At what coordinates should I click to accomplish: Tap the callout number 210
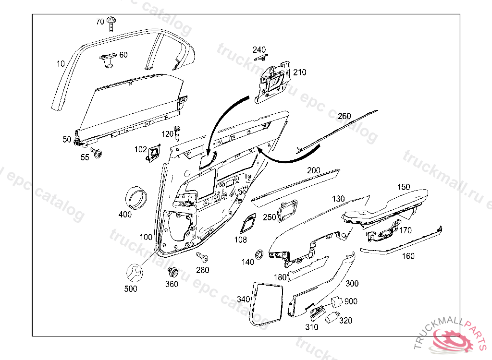pos(300,72)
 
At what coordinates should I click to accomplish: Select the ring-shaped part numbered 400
pos(136,196)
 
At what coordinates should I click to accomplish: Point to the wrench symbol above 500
pos(135,273)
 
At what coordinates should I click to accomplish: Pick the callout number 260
pos(344,116)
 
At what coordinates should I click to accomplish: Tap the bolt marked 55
pos(98,153)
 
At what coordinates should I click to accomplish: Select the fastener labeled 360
pos(172,273)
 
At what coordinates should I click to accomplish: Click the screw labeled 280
pos(200,256)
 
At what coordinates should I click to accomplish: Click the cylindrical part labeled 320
pos(332,317)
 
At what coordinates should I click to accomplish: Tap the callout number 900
pos(351,301)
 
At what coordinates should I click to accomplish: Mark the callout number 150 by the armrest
pos(403,186)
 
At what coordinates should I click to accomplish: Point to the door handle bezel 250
pos(288,210)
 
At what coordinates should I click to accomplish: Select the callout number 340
pos(243,299)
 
